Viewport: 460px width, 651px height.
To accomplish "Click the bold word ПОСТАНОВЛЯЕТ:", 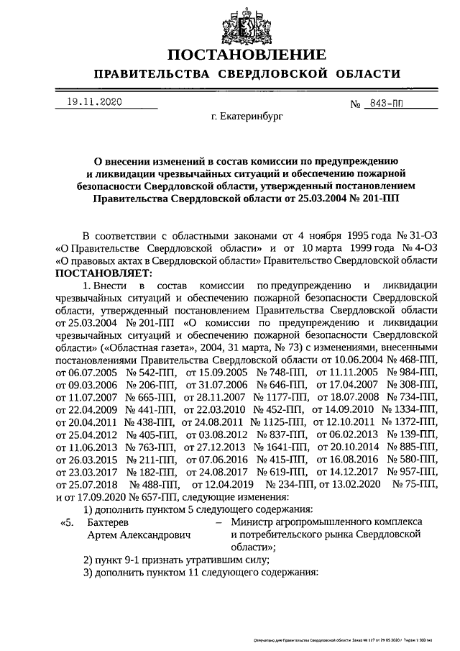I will [x=101, y=273].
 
